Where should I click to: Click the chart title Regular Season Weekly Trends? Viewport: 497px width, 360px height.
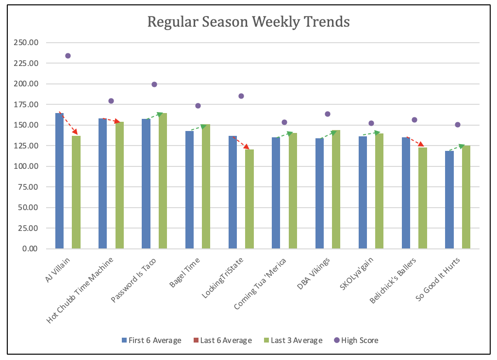(x=248, y=22)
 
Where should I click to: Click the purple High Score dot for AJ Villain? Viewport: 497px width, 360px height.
(x=68, y=56)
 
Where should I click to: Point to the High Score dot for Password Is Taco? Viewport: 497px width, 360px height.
(x=154, y=84)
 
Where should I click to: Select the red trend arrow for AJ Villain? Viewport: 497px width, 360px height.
(x=68, y=123)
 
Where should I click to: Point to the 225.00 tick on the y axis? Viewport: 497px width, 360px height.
(x=26, y=63)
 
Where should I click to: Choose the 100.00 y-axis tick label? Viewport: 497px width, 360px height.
(x=26, y=166)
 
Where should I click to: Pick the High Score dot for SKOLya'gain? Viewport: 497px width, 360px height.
(x=371, y=123)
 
